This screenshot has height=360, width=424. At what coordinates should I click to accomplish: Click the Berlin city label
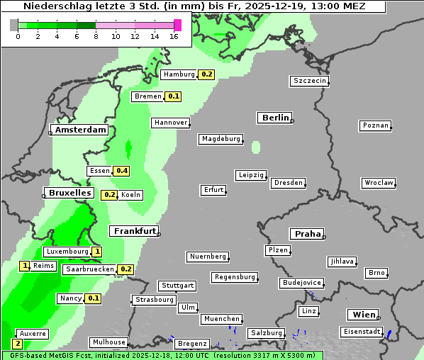click(x=274, y=118)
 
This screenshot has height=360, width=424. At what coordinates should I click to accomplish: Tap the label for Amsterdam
click(x=80, y=130)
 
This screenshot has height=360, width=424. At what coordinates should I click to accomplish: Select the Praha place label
click(x=306, y=234)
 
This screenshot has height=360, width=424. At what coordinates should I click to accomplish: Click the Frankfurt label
click(x=133, y=231)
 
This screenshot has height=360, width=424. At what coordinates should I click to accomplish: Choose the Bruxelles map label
click(x=69, y=193)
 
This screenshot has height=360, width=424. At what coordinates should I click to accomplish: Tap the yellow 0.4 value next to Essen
click(x=122, y=171)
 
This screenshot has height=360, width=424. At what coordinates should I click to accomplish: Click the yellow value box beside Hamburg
click(x=206, y=74)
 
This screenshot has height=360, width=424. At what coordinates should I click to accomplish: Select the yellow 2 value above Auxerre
click(x=17, y=344)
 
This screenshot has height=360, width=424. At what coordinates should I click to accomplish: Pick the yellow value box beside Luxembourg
click(x=96, y=252)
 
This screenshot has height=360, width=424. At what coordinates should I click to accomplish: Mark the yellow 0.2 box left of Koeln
click(x=110, y=195)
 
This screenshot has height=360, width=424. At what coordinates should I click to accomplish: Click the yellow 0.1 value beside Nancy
click(x=94, y=299)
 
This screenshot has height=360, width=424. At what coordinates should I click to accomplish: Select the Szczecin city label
click(x=309, y=81)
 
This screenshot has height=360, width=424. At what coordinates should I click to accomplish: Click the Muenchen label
click(x=221, y=320)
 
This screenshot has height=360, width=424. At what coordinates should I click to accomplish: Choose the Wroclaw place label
click(x=378, y=183)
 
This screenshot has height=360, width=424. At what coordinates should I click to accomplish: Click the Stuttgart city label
click(x=177, y=286)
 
